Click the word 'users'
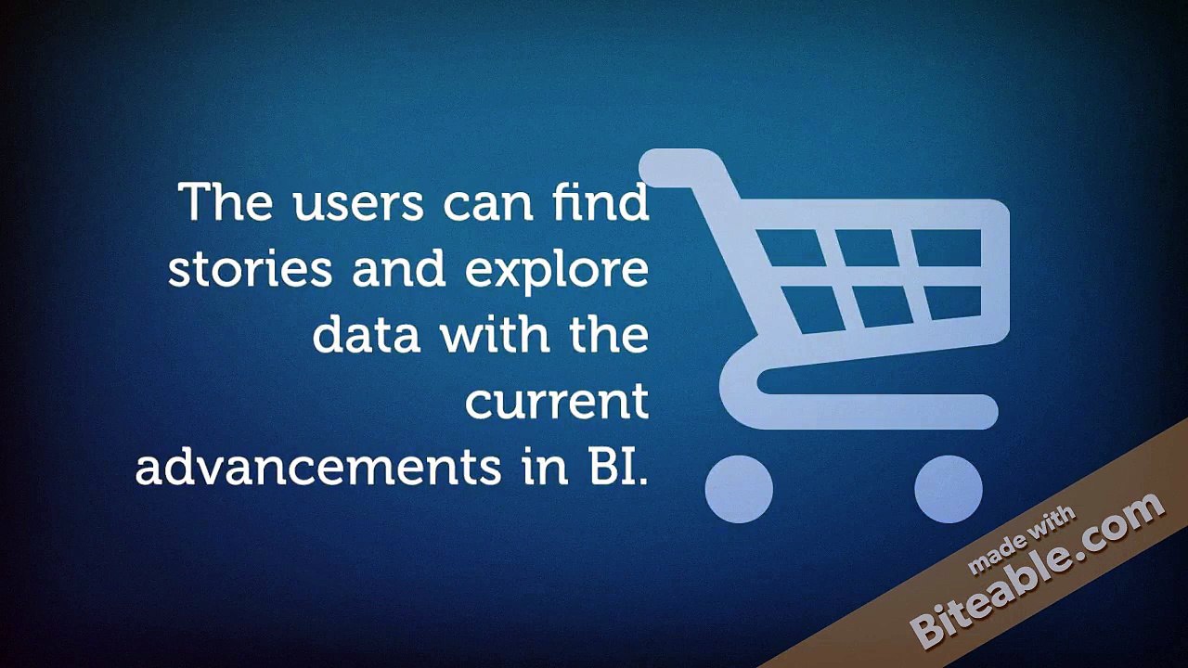[x=358, y=203]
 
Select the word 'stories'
[x=250, y=268]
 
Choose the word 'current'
[x=557, y=402]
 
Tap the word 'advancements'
[x=318, y=467]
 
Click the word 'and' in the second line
[x=398, y=268]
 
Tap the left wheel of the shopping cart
[x=739, y=489]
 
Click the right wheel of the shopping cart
[x=949, y=489]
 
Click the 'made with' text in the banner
[x=1021, y=540]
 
